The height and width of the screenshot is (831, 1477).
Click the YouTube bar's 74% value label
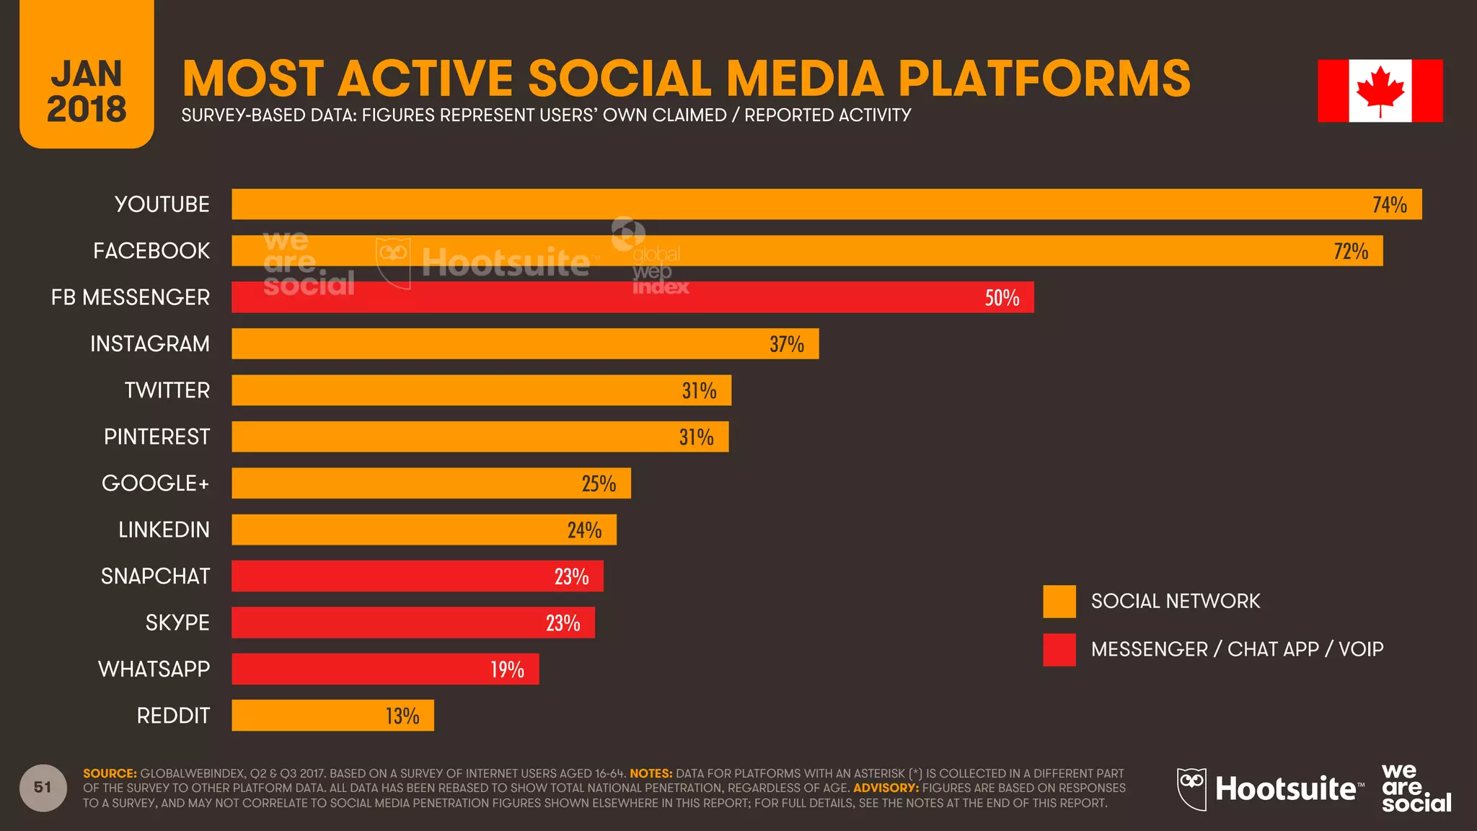[1389, 205]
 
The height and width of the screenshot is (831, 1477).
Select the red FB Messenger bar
[632, 297]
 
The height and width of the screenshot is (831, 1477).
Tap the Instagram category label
[150, 344]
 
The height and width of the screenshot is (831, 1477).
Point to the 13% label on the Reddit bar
[402, 716]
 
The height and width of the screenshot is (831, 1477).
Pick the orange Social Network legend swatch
[1059, 602]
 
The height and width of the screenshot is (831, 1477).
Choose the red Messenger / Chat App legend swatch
[1059, 650]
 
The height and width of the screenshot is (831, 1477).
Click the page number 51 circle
[43, 788]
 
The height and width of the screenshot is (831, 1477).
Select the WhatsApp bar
[384, 669]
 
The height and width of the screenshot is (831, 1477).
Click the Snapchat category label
[155, 576]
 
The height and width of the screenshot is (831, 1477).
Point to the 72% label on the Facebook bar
[1351, 251]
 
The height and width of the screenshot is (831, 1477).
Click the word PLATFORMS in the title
[1044, 78]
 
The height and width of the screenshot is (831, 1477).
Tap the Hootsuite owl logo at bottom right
[1191, 789]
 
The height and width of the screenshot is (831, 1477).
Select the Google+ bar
[431, 483]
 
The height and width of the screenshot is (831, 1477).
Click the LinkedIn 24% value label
[584, 530]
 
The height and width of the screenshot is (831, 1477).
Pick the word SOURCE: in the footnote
[110, 773]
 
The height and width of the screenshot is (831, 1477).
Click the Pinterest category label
[156, 437]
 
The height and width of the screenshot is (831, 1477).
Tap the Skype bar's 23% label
[563, 623]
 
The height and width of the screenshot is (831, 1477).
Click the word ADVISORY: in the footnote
[886, 788]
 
